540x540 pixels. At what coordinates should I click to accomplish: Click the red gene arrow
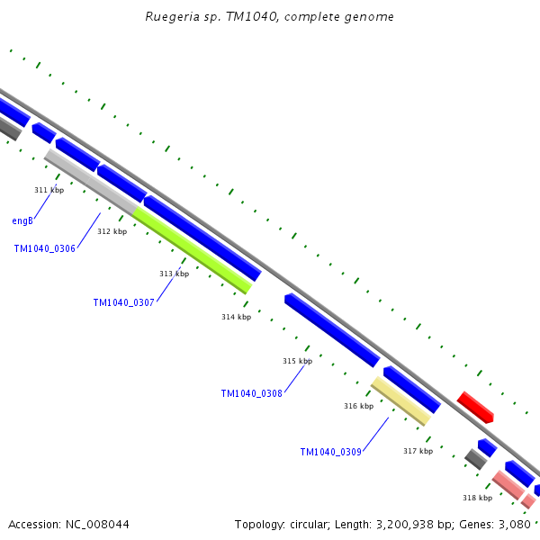475,407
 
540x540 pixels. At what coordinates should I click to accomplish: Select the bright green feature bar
193,250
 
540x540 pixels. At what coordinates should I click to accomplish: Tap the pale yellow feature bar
401,401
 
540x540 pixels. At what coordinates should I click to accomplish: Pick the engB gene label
22,220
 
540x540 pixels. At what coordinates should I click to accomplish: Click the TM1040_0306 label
45,248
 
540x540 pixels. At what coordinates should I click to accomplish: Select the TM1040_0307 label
124,303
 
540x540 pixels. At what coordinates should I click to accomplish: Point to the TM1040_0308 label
252,393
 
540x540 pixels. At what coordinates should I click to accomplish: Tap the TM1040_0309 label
331,452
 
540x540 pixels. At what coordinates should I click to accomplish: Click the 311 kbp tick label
49,190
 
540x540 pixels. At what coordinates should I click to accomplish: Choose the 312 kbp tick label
112,231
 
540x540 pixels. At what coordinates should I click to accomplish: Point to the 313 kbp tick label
174,274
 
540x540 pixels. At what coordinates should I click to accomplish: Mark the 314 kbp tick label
236,317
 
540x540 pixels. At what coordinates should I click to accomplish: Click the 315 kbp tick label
297,361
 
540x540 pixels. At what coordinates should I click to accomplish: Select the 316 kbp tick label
358,406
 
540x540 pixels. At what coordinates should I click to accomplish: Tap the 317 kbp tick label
418,451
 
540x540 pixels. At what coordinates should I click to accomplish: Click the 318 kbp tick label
477,498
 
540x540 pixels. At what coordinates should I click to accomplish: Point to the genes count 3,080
516,524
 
